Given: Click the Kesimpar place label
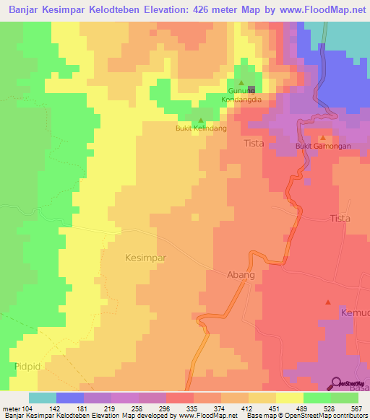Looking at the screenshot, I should click(146, 257).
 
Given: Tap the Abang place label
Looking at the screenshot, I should click(241, 275).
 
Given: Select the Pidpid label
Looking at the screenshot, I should click(26, 367).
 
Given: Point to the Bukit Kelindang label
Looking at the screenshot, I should click(201, 128).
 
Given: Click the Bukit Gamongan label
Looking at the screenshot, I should click(323, 146).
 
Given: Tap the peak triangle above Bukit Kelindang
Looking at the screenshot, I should click(201, 120).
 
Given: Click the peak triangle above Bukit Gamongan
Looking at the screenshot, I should click(323, 137).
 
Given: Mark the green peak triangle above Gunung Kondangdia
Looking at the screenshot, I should click(241, 82).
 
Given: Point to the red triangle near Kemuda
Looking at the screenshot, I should click(328, 302).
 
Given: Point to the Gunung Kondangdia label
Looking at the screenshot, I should click(241, 95).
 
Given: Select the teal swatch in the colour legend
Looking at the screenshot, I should click(43, 398).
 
